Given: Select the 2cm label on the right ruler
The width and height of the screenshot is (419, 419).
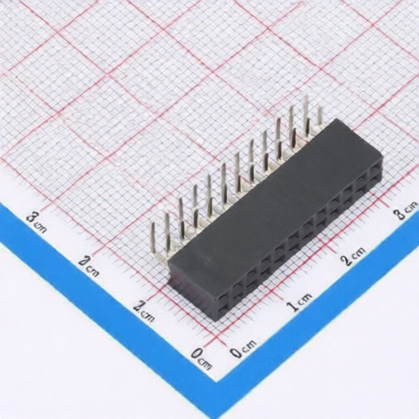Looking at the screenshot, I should [354, 259].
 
